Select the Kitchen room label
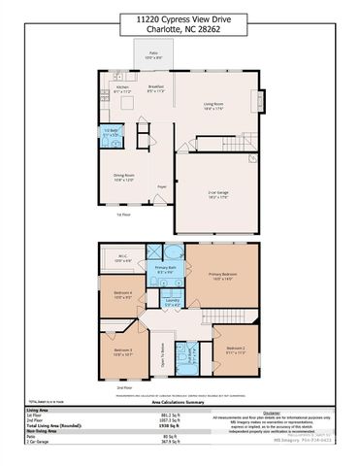121,88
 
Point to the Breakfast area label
155,88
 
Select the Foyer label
162,186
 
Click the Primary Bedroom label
222,275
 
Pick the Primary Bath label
166,269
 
